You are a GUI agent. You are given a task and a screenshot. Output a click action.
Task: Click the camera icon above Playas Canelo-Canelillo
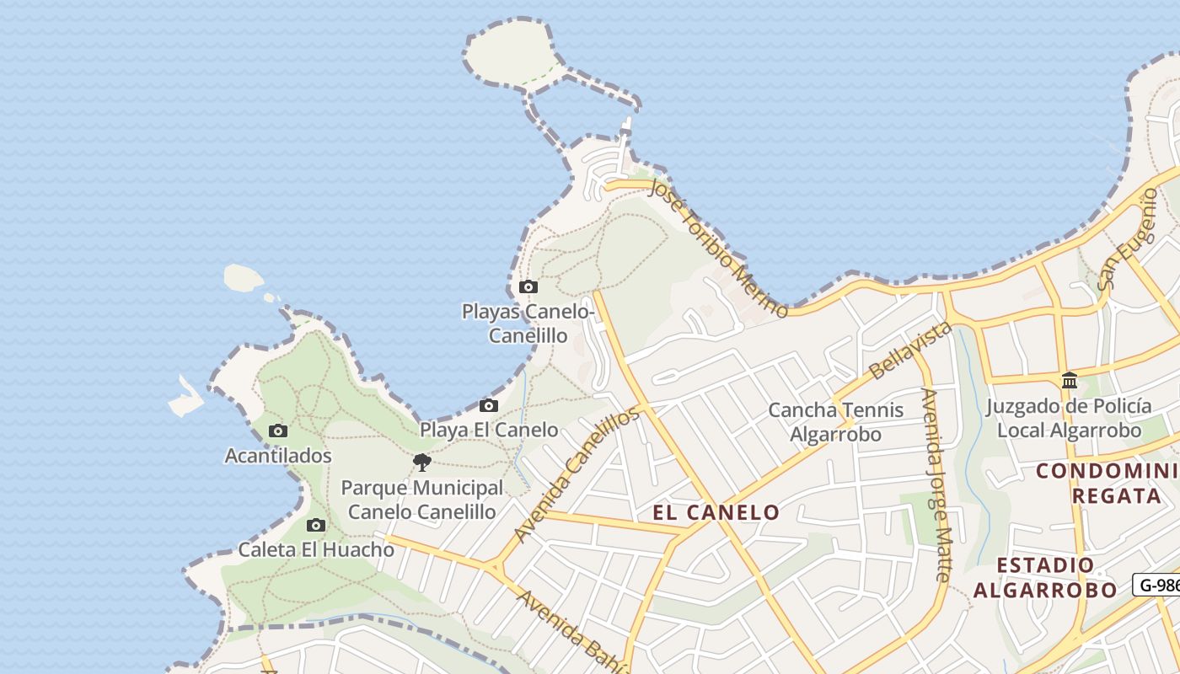click(528, 286)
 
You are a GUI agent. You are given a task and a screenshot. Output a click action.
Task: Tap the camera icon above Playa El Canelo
click(488, 406)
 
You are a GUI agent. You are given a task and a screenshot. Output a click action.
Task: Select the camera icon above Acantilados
click(277, 431)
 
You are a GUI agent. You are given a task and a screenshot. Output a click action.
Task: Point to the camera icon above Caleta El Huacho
click(315, 526)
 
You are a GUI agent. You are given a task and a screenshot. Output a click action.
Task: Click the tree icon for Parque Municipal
click(422, 462)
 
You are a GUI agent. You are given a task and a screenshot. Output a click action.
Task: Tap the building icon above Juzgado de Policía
click(1070, 380)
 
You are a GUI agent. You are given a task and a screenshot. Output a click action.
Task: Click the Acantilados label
click(278, 456)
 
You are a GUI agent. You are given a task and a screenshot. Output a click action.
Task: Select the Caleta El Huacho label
click(316, 550)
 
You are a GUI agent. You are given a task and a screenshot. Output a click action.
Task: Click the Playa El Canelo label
click(489, 430)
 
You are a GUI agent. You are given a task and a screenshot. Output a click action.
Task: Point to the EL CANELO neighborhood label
click(716, 512)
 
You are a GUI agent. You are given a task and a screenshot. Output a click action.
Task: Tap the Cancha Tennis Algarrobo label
click(835, 422)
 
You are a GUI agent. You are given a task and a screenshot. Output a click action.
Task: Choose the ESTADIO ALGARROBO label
click(1045, 577)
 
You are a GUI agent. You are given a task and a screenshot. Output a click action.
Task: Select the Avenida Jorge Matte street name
click(936, 484)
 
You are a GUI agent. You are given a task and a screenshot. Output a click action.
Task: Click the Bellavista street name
click(909, 350)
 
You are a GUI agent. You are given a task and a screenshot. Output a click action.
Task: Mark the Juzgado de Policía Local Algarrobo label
click(1069, 418)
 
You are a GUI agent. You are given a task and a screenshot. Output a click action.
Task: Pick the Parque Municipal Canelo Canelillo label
click(421, 500)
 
